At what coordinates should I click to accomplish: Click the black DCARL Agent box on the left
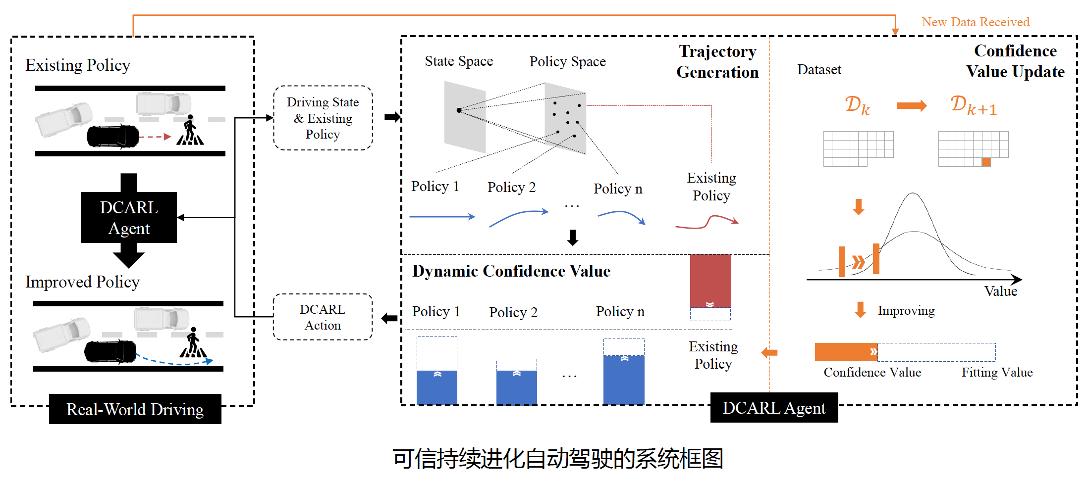tap(129, 217)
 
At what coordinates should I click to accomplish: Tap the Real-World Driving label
tap(135, 409)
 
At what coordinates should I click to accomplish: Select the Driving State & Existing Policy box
tap(323, 118)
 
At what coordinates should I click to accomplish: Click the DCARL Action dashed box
tap(323, 317)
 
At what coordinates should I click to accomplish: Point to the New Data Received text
tap(975, 22)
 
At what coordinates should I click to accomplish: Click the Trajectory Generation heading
tap(717, 61)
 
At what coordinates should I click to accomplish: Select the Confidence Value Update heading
tap(1015, 61)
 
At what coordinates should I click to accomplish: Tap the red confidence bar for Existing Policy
tap(710, 280)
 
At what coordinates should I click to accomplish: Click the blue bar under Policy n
tap(624, 379)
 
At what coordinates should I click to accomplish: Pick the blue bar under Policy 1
tap(436, 387)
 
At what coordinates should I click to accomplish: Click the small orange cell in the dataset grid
tap(986, 162)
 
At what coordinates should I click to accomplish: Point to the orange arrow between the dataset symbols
tap(912, 105)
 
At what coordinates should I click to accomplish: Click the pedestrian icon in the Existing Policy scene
tap(190, 131)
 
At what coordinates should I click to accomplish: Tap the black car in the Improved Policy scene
tap(110, 351)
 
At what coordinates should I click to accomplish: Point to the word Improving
tap(906, 311)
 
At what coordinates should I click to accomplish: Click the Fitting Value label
tap(997, 372)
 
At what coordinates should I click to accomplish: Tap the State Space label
tap(459, 61)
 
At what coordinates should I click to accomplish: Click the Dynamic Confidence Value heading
tap(511, 271)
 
